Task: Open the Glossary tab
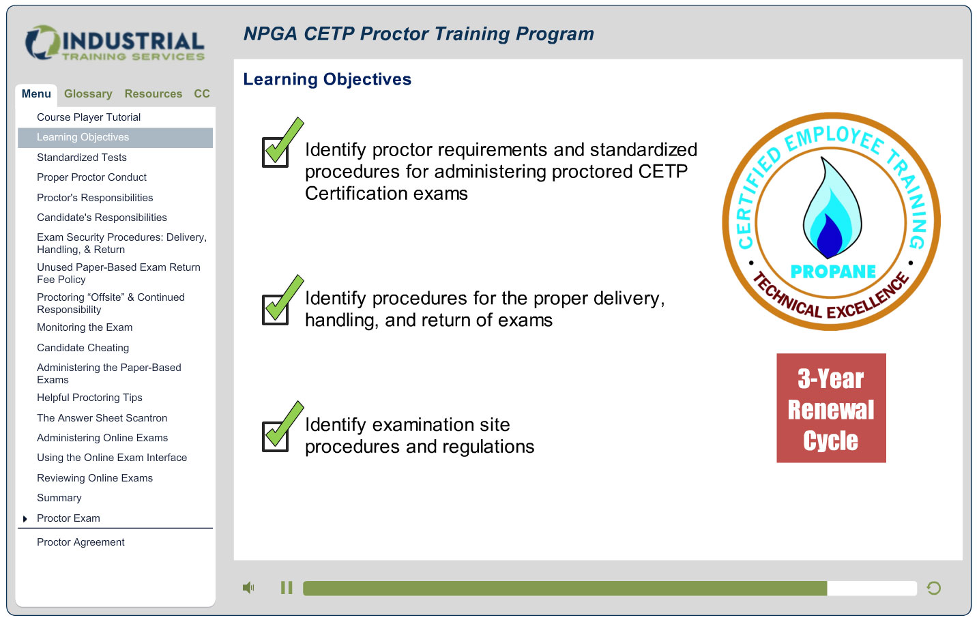pos(88,94)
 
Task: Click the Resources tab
pos(153,94)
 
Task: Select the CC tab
pos(202,94)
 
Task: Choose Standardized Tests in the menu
pos(82,158)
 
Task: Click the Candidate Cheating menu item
pos(83,348)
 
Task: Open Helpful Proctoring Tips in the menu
pos(89,398)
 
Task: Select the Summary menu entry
pos(59,498)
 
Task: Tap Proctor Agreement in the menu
pos(81,542)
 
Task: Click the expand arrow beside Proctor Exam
pos(25,519)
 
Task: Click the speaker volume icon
pos(248,588)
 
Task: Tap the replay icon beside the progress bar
pos(933,588)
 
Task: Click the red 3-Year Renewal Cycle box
pos(831,408)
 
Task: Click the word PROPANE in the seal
pos(833,271)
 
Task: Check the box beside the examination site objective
pos(276,436)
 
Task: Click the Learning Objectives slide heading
pos(327,79)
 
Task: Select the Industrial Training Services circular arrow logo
pos(42,42)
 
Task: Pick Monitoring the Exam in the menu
pos(85,327)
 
